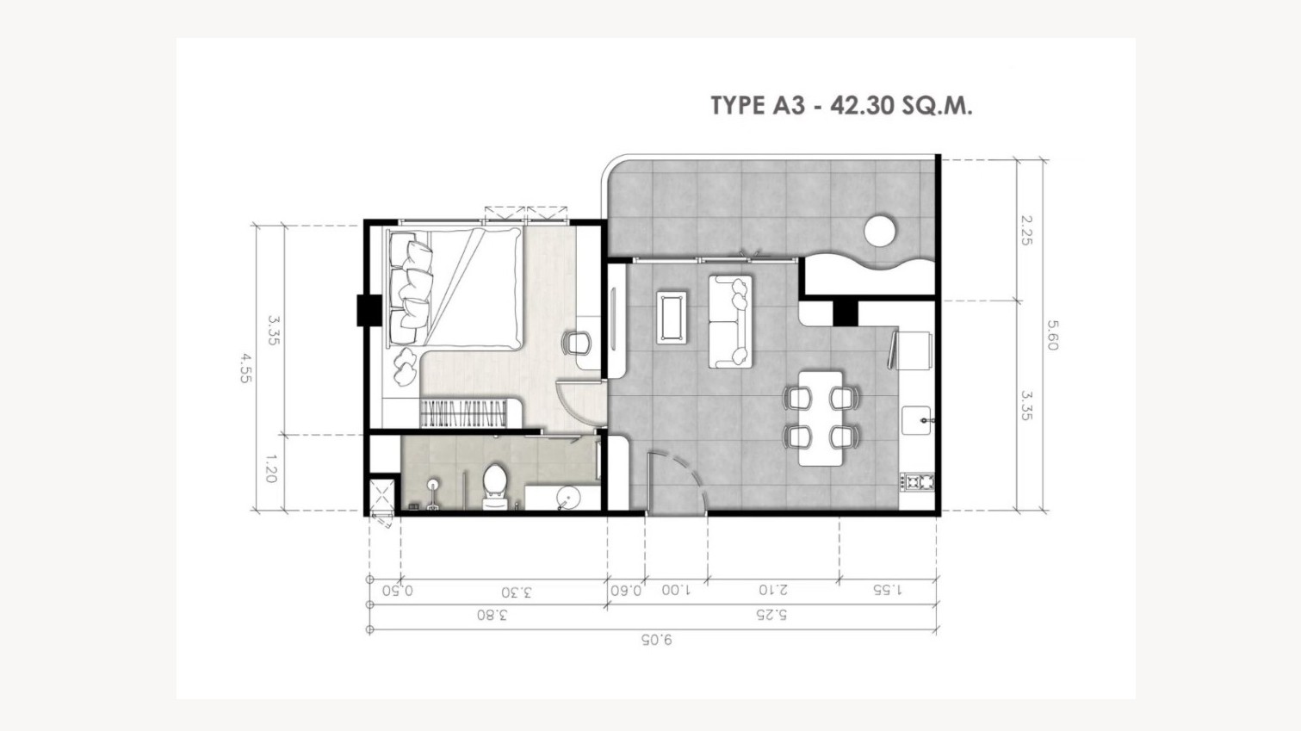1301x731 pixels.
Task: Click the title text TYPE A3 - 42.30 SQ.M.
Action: tap(841, 106)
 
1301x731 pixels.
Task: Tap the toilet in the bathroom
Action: tap(495, 486)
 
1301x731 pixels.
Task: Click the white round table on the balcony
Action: tap(880, 231)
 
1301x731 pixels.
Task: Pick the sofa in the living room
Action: tap(730, 321)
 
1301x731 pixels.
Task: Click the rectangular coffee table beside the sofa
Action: tap(672, 317)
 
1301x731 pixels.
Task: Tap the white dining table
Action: tap(820, 418)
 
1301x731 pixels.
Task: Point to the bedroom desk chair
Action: tap(576, 344)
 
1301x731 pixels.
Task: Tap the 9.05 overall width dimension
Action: tap(656, 640)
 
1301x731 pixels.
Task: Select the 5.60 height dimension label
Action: tap(1052, 336)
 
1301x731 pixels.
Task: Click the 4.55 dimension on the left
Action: tap(245, 369)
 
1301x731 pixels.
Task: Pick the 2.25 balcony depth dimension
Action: tap(1026, 231)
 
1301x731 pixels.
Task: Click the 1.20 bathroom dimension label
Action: tap(270, 469)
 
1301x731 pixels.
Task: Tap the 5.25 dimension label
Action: tap(771, 615)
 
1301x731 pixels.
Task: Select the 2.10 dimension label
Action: tap(773, 590)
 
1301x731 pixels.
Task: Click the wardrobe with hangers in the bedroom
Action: tap(463, 413)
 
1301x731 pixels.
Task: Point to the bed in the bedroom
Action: tap(455, 288)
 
